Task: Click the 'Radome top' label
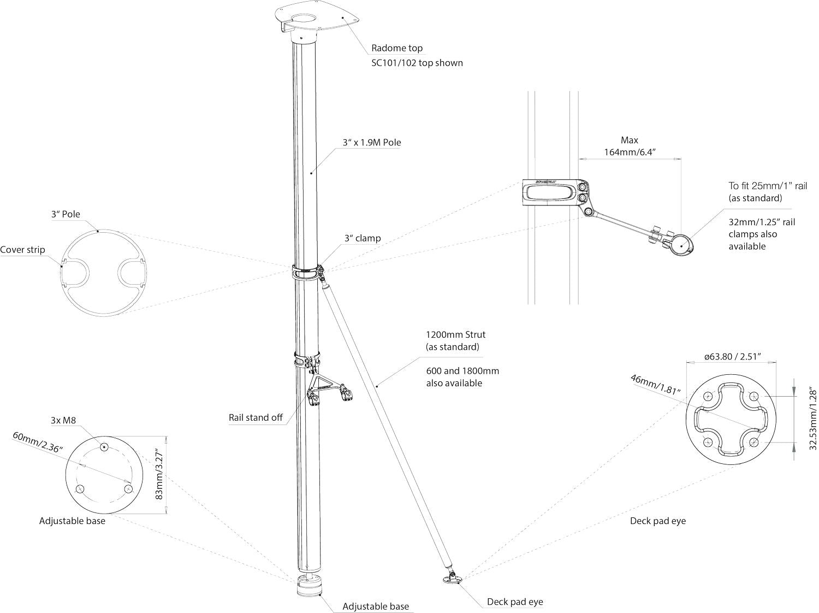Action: tap(397, 48)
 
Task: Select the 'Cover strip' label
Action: tap(22, 250)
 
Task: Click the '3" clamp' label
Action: tap(363, 238)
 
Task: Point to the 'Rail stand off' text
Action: tap(256, 418)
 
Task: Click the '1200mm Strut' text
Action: tap(455, 334)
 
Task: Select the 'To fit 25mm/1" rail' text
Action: tap(767, 186)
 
